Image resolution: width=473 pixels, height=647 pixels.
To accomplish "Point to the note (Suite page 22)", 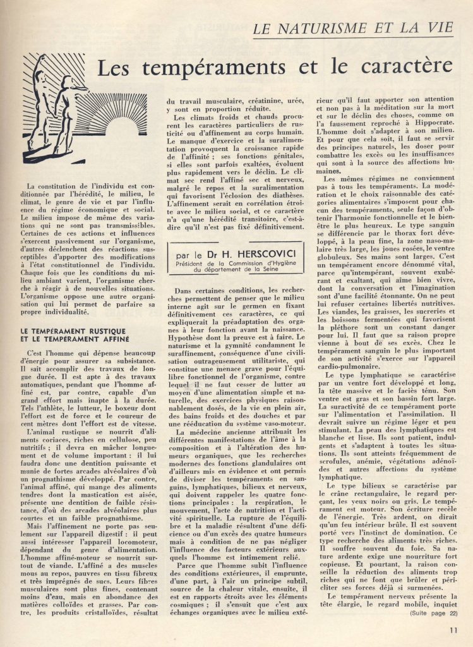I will [433, 612].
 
